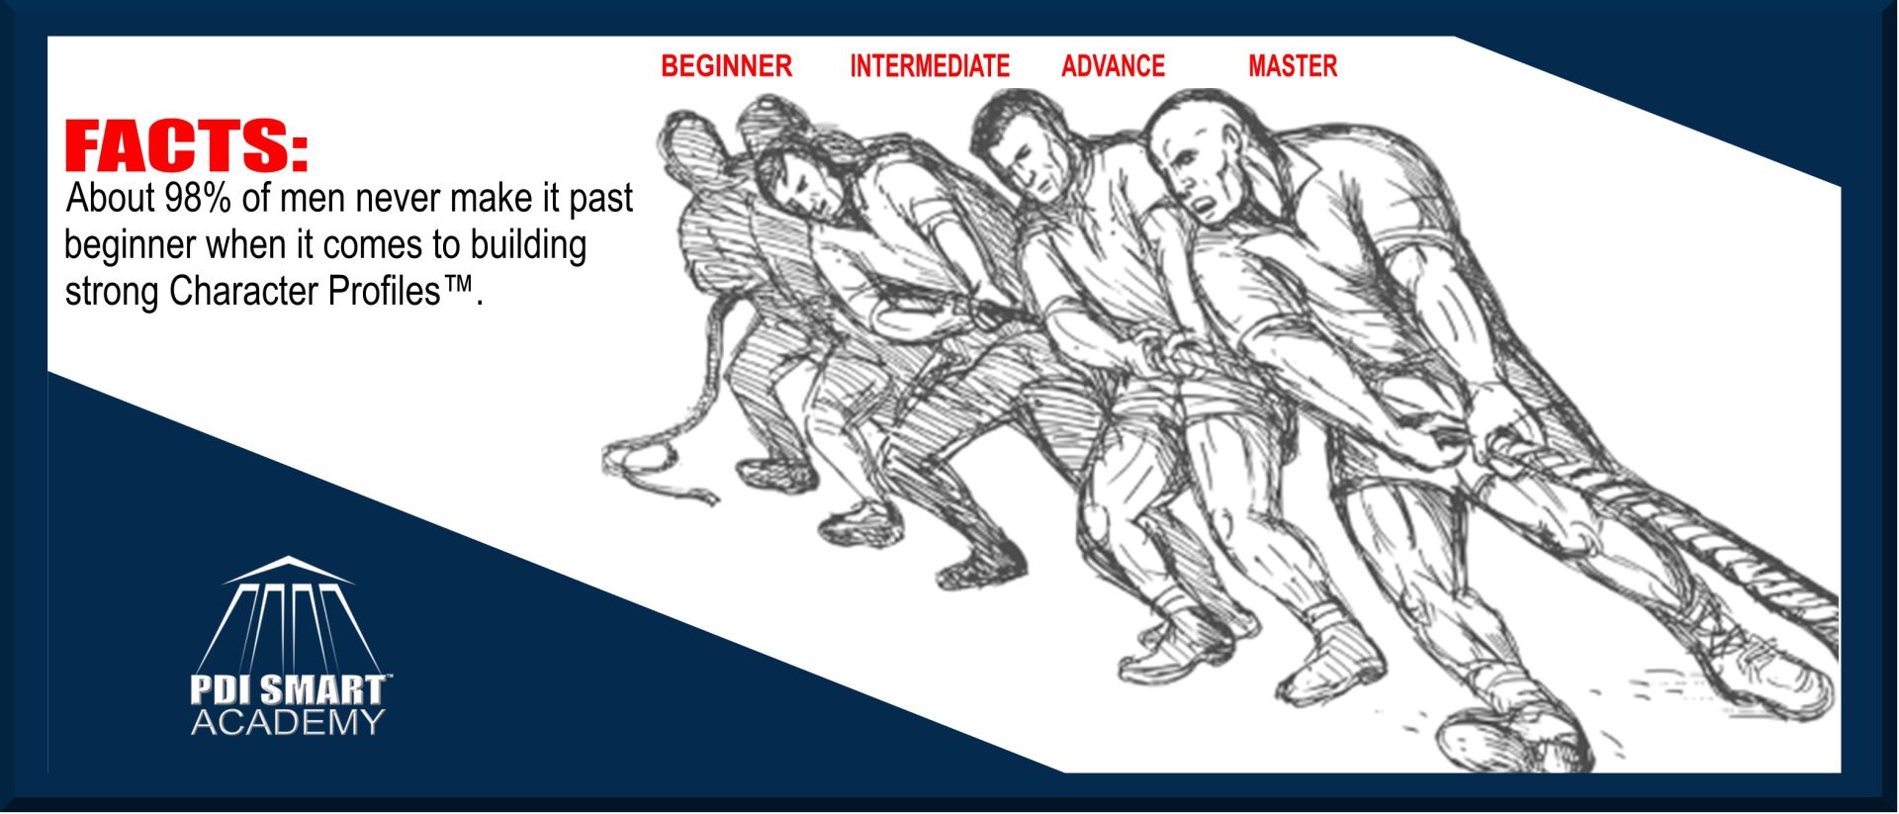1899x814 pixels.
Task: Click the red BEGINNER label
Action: (726, 66)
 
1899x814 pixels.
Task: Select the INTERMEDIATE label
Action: (930, 66)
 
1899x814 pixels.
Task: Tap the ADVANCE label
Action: (1113, 66)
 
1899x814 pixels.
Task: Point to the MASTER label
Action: (1293, 66)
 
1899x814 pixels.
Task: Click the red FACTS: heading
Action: (187, 146)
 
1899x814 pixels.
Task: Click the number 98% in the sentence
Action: (198, 199)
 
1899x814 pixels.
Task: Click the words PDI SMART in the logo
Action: (288, 689)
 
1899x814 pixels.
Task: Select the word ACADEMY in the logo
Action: (288, 722)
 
